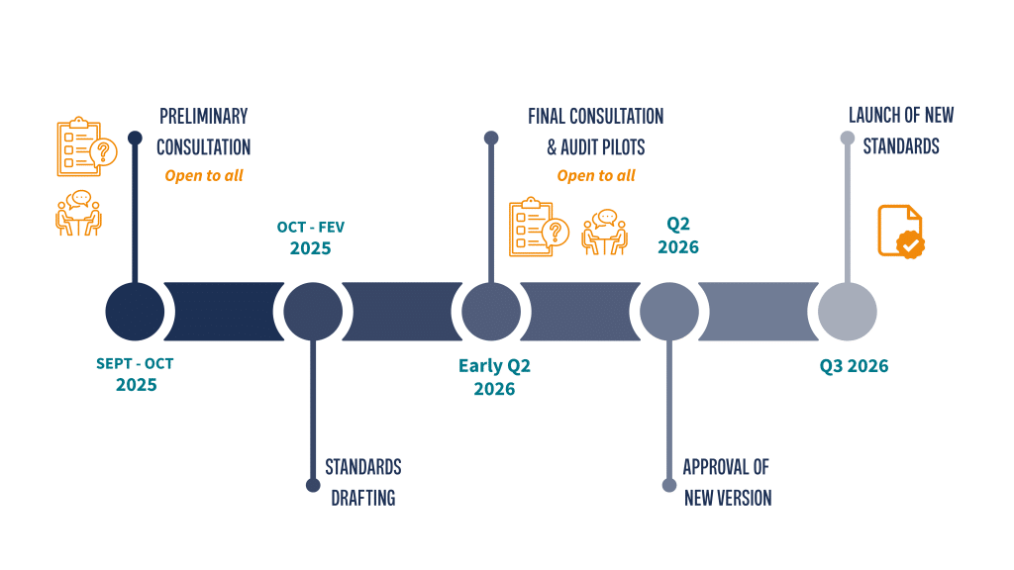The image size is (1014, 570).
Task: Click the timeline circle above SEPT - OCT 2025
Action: coord(135,311)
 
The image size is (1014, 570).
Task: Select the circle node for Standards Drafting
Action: coord(313,311)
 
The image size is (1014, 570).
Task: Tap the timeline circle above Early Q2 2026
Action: coord(491,311)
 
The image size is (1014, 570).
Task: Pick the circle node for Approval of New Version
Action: coord(669,311)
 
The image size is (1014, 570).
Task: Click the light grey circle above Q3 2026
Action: coord(848,311)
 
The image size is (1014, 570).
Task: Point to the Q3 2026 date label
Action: coord(854,366)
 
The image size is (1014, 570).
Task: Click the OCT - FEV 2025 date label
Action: coord(311,237)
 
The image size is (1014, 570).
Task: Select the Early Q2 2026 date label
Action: coord(494,377)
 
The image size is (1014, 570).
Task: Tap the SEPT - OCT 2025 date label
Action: coord(136,374)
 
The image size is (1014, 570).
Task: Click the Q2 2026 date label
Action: coord(677,236)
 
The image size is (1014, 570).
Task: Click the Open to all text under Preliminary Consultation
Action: coord(204,176)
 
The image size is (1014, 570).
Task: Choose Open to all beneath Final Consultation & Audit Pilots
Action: coord(596,176)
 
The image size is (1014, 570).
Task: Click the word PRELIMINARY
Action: coord(204,117)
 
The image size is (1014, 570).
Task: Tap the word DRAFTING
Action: coord(362,498)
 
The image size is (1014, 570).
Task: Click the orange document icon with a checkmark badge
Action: coord(900,231)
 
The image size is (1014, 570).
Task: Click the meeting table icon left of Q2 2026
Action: coord(604,233)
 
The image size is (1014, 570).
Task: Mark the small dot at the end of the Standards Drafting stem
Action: coord(313,485)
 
